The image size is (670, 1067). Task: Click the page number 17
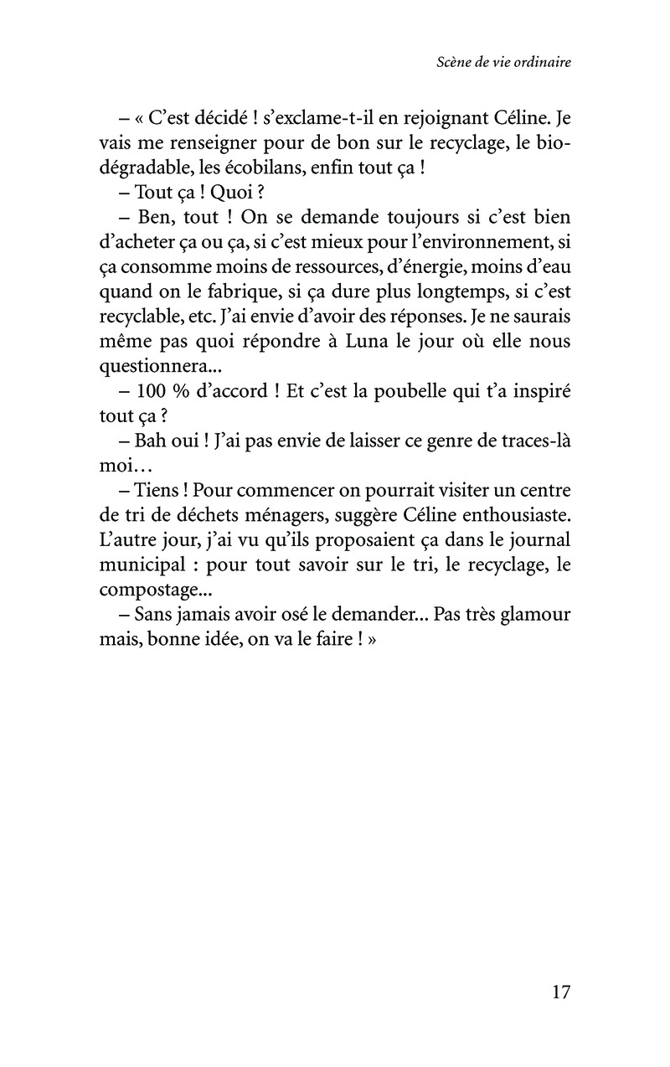pyautogui.click(x=561, y=992)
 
